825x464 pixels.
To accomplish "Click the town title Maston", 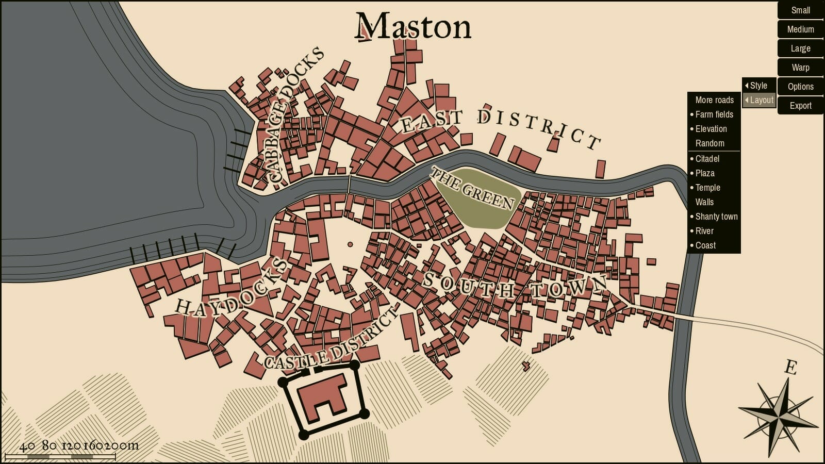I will (413, 27).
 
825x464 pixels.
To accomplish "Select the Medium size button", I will (800, 29).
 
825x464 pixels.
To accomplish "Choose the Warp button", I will (800, 68).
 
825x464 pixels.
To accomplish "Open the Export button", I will (800, 106).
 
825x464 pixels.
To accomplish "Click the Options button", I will (800, 87).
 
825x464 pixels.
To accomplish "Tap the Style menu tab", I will (758, 86).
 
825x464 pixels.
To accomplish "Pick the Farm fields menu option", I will (714, 114).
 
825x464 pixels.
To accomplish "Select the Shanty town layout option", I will (716, 217).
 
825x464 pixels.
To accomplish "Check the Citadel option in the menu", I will (707, 159).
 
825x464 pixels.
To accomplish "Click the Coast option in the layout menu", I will (705, 245).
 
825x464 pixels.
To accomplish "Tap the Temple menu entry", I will (707, 188).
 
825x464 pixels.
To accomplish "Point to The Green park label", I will (472, 189).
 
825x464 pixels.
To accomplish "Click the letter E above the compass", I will (790, 368).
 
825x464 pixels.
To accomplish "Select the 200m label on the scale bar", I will (126, 445).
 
